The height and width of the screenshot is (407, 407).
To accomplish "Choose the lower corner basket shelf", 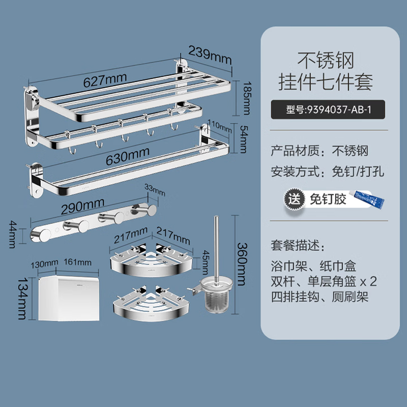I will coord(150,305).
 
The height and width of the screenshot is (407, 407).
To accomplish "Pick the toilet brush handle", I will coord(215,244).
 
